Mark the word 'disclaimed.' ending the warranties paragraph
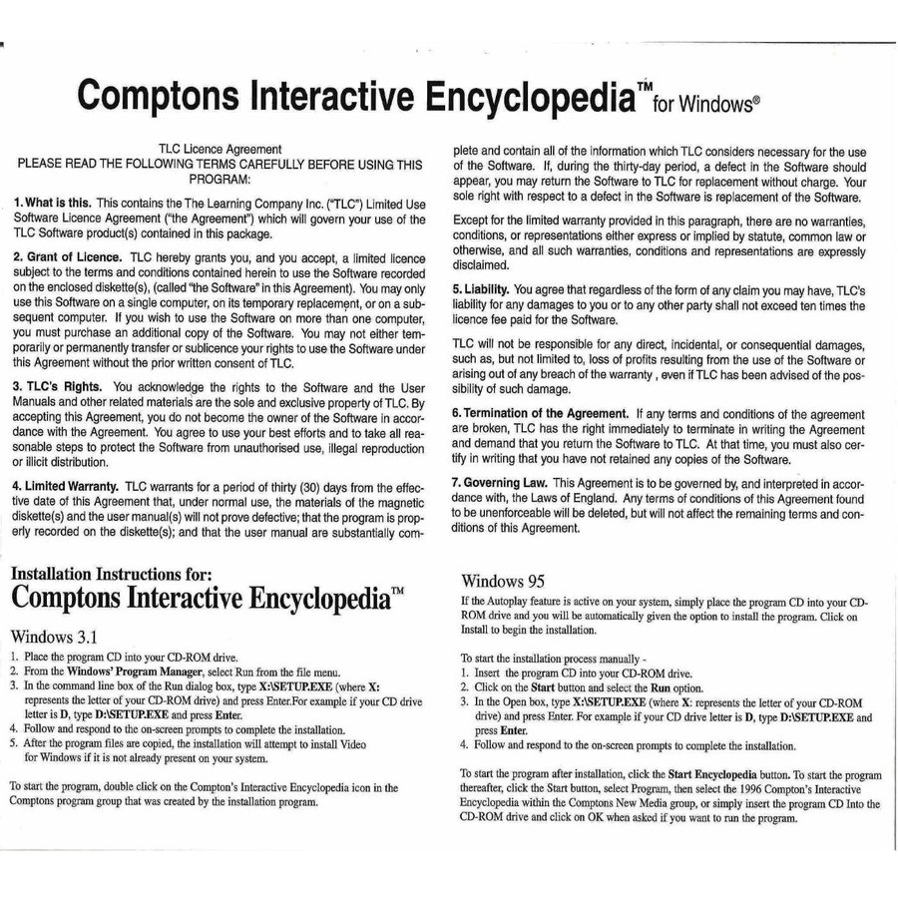[x=482, y=266]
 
